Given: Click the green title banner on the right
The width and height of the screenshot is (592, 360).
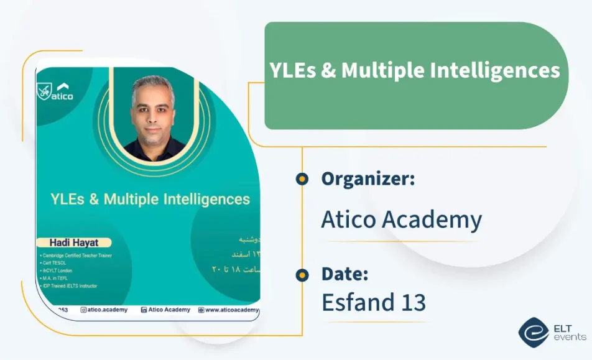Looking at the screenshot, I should click(415, 76).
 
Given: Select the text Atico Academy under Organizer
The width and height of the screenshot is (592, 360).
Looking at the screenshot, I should click(401, 219).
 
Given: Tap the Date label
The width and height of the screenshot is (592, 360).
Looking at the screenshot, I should click(345, 274).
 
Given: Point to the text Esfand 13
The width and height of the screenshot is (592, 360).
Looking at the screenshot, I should click(373, 302).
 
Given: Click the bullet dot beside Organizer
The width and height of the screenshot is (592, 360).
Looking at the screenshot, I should click(302, 179).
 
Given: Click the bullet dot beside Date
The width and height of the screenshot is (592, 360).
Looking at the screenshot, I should click(302, 274).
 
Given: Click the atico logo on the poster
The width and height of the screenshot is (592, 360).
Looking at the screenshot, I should click(56, 92).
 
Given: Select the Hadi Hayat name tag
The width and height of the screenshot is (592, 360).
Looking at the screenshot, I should click(74, 242).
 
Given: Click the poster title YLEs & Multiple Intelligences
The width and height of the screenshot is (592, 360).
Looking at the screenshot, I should click(150, 199).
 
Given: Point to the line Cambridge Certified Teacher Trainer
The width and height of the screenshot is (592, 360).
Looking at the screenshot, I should click(76, 256).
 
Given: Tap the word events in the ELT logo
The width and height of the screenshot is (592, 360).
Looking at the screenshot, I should click(569, 337).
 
